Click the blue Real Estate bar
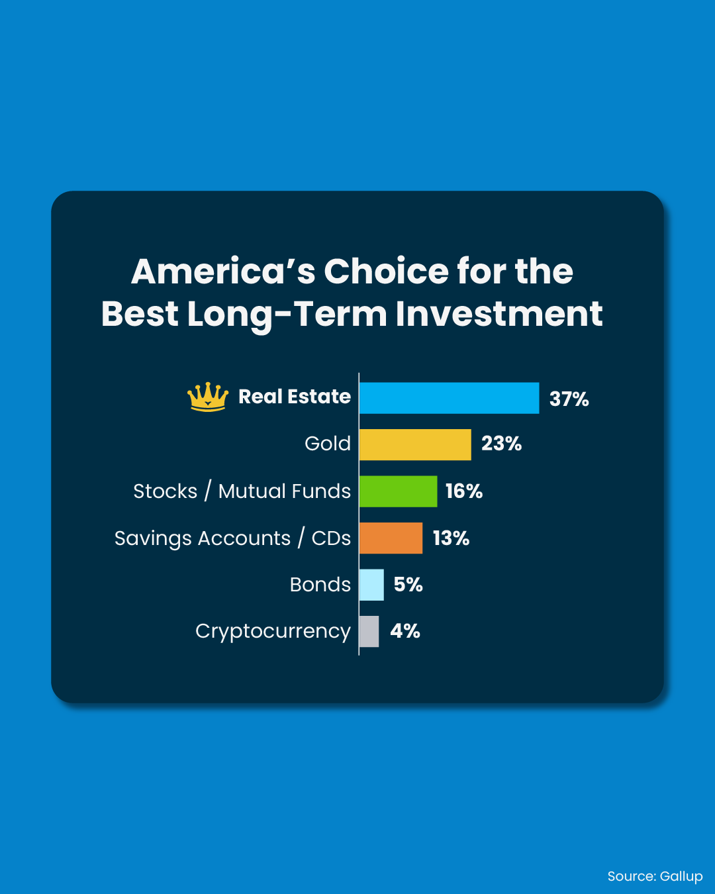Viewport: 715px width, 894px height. pos(449,398)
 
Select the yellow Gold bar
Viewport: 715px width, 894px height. pos(416,444)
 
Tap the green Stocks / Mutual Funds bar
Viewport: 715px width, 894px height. pos(399,491)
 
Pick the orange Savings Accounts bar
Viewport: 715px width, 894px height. pos(391,538)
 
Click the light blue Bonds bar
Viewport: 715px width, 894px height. pos(371,585)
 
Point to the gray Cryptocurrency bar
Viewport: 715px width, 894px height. pos(369,632)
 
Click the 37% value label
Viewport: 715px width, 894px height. pos(569,399)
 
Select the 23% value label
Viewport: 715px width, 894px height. pos(501,444)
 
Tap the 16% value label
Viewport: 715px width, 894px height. pos(464,491)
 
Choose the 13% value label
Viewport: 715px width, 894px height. pos(452,538)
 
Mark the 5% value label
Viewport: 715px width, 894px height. pos(408,585)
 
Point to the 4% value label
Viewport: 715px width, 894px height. pos(405,631)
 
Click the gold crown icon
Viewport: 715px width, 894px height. pos(208,397)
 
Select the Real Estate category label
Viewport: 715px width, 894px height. pos(295,396)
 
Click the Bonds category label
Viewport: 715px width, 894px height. pos(320,585)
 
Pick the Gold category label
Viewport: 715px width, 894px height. pos(328,444)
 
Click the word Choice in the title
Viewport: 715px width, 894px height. pos(386,272)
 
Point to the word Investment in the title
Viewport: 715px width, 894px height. pos(499,314)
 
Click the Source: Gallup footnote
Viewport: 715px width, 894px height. pos(655,876)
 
